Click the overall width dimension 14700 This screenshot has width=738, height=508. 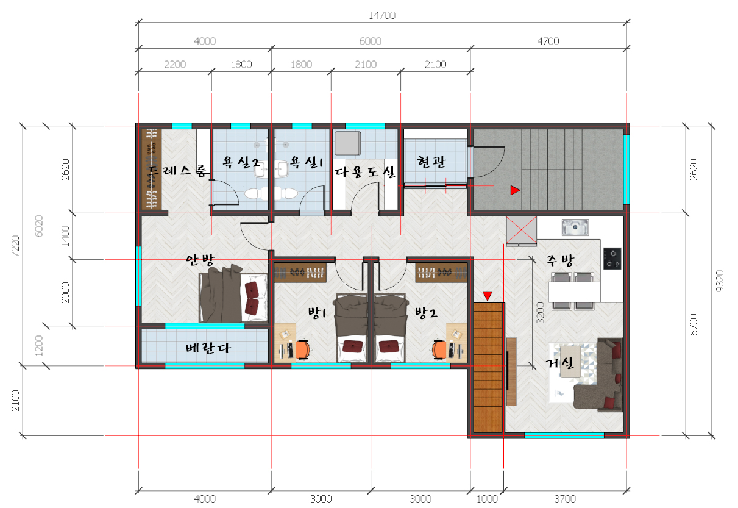point(382,15)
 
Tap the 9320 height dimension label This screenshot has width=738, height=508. point(720,281)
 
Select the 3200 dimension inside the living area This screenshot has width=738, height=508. point(541,312)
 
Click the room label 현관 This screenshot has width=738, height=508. point(431,162)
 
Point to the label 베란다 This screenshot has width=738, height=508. point(208,348)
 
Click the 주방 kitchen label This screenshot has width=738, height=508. point(560,260)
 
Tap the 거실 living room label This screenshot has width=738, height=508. point(559,363)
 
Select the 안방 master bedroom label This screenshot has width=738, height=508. point(200,259)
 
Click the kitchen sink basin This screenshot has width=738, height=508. point(575,227)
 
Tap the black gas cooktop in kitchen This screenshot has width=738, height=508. point(612,259)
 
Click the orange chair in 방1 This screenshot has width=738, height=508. point(302,350)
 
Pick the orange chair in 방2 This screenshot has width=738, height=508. point(439,350)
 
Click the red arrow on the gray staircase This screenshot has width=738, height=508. point(515,190)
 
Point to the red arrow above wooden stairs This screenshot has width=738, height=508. point(488,296)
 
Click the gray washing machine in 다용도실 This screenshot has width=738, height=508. point(347,143)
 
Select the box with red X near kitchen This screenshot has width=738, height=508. point(521,230)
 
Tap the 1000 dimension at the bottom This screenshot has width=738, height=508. point(487,499)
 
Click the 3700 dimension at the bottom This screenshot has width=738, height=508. point(565,499)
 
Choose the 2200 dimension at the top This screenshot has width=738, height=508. point(175,64)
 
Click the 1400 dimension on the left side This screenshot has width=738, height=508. point(66,235)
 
